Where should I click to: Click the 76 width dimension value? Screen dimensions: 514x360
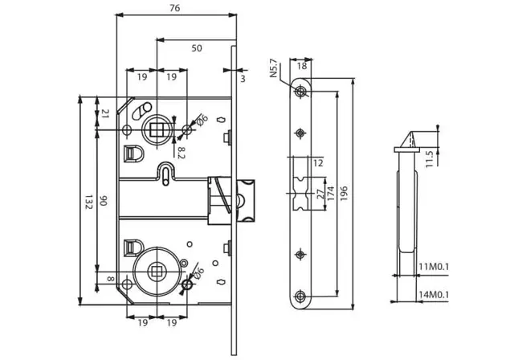click(175, 8)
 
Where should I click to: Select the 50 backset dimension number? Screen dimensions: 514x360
click(197, 48)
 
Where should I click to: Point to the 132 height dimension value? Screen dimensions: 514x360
click(88, 202)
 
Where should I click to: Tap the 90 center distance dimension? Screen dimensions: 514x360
click(104, 201)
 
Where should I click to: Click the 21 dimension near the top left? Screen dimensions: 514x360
click(105, 114)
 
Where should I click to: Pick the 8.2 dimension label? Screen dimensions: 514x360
click(182, 153)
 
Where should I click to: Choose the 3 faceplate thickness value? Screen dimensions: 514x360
click(243, 79)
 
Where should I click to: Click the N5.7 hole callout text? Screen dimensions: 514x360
click(274, 68)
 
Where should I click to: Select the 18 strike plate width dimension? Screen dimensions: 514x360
click(302, 66)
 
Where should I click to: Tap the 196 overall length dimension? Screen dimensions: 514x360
click(344, 194)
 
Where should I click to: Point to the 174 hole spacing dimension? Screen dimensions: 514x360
click(330, 194)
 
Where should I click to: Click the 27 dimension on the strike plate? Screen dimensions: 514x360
click(320, 194)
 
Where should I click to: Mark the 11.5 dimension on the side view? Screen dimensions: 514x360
click(430, 158)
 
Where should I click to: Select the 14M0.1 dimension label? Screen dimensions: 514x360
click(434, 295)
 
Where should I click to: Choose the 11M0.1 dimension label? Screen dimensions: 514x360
click(434, 268)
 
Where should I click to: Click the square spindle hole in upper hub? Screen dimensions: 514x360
click(157, 129)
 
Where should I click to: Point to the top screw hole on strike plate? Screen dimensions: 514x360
click(300, 91)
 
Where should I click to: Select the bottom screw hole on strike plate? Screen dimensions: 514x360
click(300, 297)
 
